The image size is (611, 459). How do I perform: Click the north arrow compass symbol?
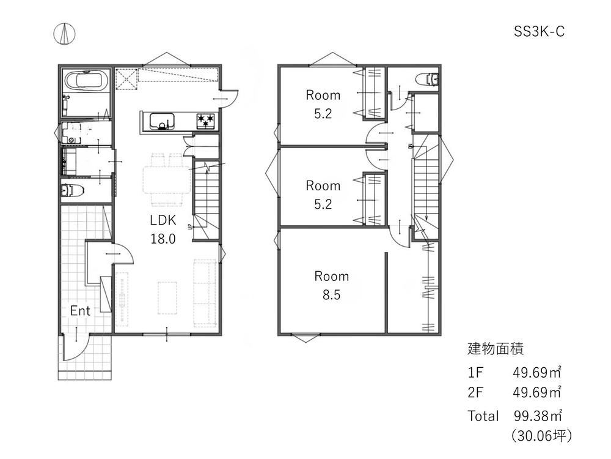click(x=64, y=34)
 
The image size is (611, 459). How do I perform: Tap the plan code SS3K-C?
click(x=539, y=31)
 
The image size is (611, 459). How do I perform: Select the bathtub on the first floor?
click(x=86, y=81)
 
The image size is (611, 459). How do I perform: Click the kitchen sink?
click(x=162, y=121)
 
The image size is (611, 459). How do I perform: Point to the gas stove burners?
click(x=205, y=121)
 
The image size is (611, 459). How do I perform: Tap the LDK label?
click(x=163, y=220)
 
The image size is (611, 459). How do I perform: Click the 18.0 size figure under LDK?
click(x=163, y=239)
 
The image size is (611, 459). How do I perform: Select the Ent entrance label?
click(x=80, y=311)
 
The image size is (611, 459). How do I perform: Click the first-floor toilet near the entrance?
click(x=73, y=191)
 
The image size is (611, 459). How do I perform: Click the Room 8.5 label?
click(x=332, y=285)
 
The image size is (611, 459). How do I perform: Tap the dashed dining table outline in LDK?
click(x=166, y=179)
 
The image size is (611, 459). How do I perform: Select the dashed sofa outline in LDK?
click(x=205, y=293)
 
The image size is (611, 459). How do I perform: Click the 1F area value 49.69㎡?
click(x=537, y=372)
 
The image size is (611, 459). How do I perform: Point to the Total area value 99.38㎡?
click(x=538, y=416)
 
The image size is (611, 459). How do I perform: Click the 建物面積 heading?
click(x=496, y=349)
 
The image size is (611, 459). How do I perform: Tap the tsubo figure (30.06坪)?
click(x=541, y=435)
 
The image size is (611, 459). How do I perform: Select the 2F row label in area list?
click(x=475, y=392)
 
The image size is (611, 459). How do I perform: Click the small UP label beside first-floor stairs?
click(x=190, y=226)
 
